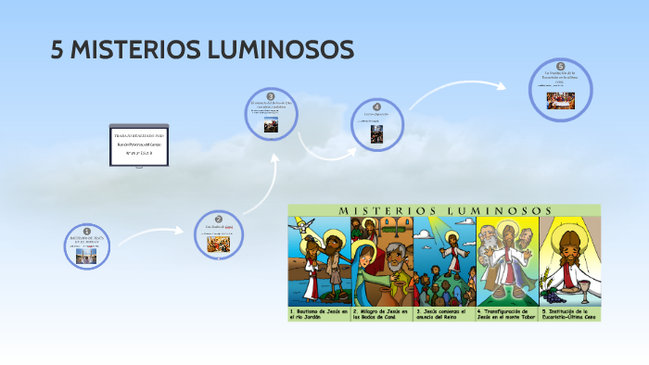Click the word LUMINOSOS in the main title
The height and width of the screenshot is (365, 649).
tap(277, 50)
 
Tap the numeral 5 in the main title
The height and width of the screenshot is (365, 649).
tap(57, 50)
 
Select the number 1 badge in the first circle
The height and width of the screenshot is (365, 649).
tap(87, 231)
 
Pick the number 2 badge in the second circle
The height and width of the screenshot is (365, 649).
tap(219, 218)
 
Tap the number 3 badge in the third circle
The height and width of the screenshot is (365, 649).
tap(271, 96)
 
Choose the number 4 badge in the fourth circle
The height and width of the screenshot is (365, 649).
tap(377, 107)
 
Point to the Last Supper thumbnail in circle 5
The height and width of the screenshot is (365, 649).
tap(560, 100)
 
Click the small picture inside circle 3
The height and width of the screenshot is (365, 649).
tap(270, 128)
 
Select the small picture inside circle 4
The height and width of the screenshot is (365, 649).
tap(377, 134)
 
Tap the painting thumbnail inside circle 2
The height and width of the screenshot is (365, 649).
tap(219, 244)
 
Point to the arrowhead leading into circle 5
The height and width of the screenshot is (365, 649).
tap(502, 86)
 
